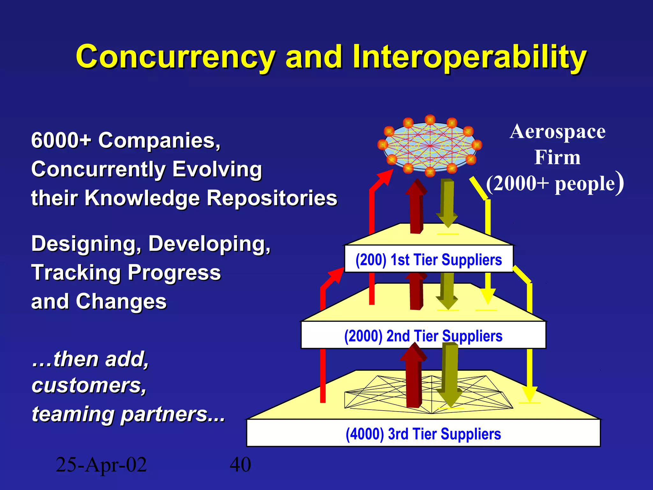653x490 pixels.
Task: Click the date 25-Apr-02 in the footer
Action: tap(101, 464)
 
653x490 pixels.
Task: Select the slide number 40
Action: tap(240, 464)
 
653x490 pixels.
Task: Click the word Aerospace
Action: tap(557, 131)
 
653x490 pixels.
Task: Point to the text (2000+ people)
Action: tap(555, 184)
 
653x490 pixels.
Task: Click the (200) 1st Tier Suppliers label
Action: tap(429, 259)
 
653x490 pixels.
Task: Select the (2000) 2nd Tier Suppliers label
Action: tap(423, 336)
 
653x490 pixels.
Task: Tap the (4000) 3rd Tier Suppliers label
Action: tap(423, 434)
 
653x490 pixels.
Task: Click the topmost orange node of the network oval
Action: tap(430, 120)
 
